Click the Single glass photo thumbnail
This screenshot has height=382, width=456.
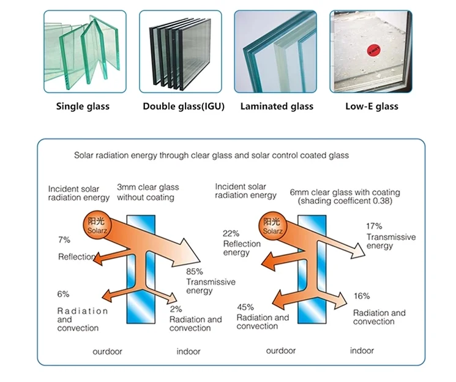(x=82, y=51)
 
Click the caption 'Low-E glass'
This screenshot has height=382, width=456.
(x=371, y=107)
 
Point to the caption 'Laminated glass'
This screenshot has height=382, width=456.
(x=277, y=107)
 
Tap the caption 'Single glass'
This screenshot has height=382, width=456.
(x=83, y=107)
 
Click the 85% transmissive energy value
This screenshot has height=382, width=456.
(x=195, y=272)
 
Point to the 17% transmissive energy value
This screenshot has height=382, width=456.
(x=374, y=226)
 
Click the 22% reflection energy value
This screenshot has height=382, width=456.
(x=230, y=233)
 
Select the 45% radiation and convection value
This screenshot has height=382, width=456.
(x=245, y=307)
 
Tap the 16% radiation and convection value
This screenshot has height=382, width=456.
(x=361, y=296)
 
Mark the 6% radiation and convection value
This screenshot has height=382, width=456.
(x=64, y=294)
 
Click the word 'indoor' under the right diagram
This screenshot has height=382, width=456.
(x=362, y=351)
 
